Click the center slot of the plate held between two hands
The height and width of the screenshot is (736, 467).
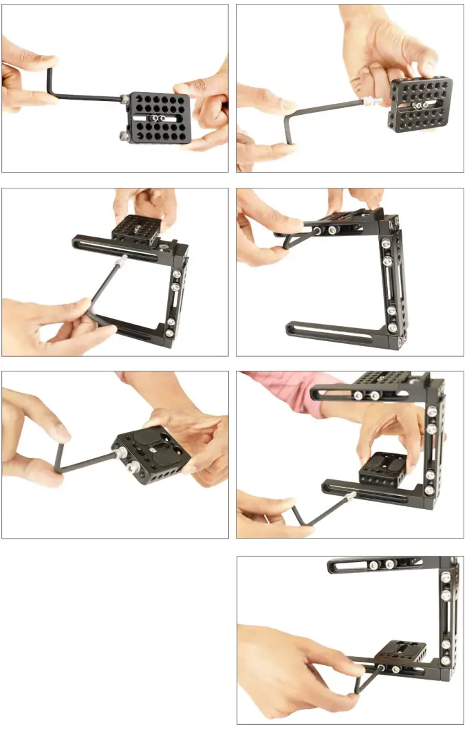[x=158, y=118]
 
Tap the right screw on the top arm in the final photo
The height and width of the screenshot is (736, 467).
[x=391, y=565]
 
